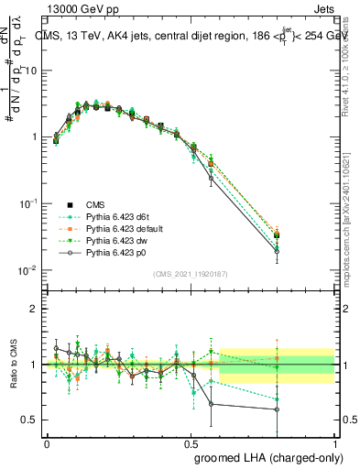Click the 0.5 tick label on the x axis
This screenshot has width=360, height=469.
pos(191,442)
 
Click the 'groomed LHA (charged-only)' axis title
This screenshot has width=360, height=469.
pos(265,456)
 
